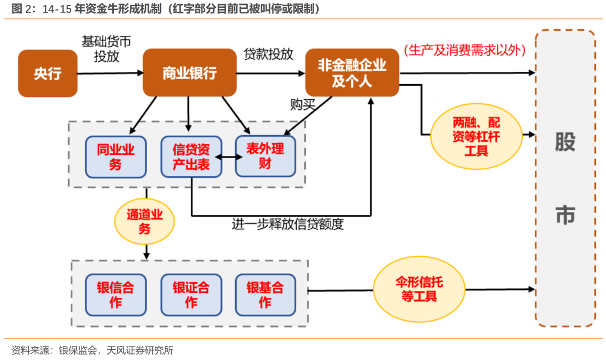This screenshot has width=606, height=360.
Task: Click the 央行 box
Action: pos(48,73)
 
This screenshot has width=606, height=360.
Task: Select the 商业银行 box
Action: pos(190,73)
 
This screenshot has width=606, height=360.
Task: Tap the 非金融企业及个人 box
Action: pos(352,73)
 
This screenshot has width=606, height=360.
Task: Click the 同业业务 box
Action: pos(116,157)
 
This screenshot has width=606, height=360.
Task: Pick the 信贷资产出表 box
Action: pos(191,157)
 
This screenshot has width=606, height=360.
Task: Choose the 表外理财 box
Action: pos(265,156)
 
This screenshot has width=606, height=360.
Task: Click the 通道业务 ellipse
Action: pos(145,221)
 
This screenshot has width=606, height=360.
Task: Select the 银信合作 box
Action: pos(116,295)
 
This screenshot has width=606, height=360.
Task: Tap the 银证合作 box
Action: pos(191,295)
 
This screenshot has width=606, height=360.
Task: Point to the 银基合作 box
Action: pos(265,295)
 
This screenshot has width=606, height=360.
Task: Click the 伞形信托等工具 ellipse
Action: pos(419,289)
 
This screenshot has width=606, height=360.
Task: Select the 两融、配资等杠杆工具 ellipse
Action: pos(476,136)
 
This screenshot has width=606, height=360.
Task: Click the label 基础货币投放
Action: pos(106,49)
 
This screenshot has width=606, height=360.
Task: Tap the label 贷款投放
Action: pos(268,54)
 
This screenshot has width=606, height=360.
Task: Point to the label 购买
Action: pos(302,104)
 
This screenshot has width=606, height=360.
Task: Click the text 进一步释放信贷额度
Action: pos(287,224)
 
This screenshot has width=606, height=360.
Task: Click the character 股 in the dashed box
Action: pos(565,142)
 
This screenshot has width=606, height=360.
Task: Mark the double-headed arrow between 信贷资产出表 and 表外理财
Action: pos(229,157)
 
